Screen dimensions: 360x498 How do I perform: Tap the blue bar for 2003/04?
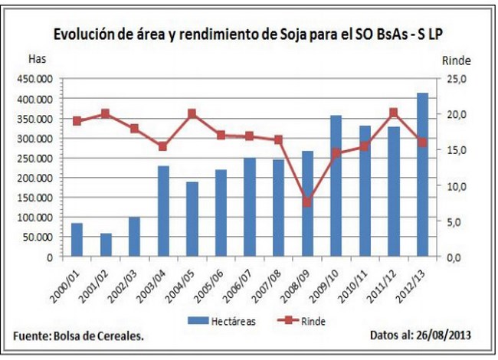tap(163, 211)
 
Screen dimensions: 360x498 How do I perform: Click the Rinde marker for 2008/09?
tap(306, 202)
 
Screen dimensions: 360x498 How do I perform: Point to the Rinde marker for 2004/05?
tap(192, 114)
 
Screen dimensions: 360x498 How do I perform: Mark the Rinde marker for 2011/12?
tap(393, 113)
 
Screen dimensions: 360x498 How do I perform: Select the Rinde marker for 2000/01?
tap(77, 121)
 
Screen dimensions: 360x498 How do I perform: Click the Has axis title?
tap(36, 58)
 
